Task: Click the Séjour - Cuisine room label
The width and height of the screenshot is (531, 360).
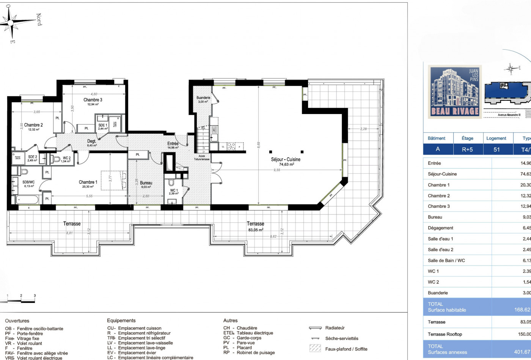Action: (286, 160)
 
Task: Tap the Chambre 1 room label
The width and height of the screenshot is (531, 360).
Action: (88, 182)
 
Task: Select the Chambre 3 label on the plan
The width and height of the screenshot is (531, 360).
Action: (93, 100)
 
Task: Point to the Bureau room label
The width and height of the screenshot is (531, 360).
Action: (146, 183)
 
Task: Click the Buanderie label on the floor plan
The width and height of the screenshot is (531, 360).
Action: (203, 98)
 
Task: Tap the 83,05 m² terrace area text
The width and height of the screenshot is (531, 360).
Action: (255, 230)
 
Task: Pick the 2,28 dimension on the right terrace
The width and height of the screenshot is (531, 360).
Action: (363, 129)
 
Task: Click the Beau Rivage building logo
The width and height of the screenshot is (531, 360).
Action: (455, 91)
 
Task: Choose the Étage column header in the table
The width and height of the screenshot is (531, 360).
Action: (467, 138)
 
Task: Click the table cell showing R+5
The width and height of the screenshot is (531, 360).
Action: (467, 149)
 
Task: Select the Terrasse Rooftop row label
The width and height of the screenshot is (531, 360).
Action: (445, 334)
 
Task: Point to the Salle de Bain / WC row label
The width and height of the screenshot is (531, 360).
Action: (446, 260)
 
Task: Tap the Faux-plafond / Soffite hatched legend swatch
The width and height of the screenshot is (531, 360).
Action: (315, 348)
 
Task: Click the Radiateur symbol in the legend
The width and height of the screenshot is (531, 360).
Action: (315, 328)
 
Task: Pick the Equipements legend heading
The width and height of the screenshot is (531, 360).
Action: (121, 321)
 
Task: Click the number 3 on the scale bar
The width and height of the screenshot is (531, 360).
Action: (35, 296)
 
